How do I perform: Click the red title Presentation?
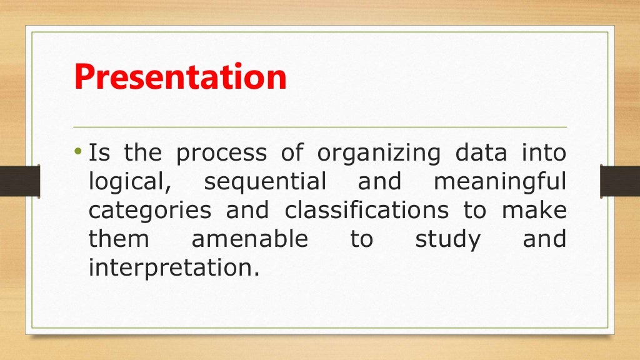(x=180, y=77)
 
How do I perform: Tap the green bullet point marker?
(x=78, y=152)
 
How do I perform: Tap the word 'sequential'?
(x=265, y=182)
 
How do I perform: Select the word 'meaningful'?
(x=500, y=182)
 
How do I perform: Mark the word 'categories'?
(x=150, y=211)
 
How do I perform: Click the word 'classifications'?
(x=367, y=210)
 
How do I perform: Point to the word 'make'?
(x=534, y=210)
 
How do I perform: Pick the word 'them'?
(x=119, y=239)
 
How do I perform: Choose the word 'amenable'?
(x=249, y=239)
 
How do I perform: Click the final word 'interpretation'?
(x=172, y=269)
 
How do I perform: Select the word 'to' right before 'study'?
(x=361, y=240)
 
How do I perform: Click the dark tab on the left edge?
(x=19, y=181)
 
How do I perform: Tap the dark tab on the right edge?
(x=620, y=181)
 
